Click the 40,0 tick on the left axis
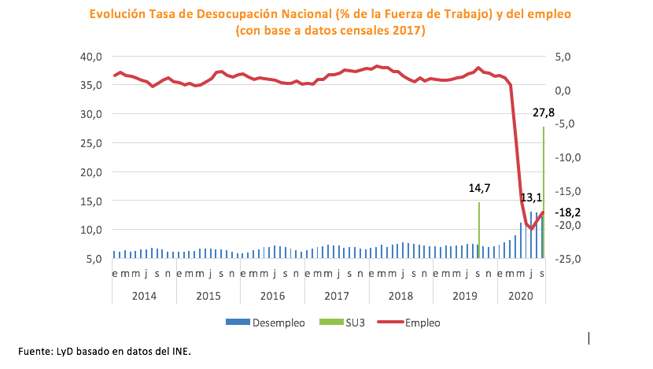[92, 56]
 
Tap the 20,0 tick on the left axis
[92, 172]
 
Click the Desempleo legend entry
[265, 322]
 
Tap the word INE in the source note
[180, 350]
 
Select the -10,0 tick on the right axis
[565, 157]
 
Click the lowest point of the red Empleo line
[531, 229]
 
